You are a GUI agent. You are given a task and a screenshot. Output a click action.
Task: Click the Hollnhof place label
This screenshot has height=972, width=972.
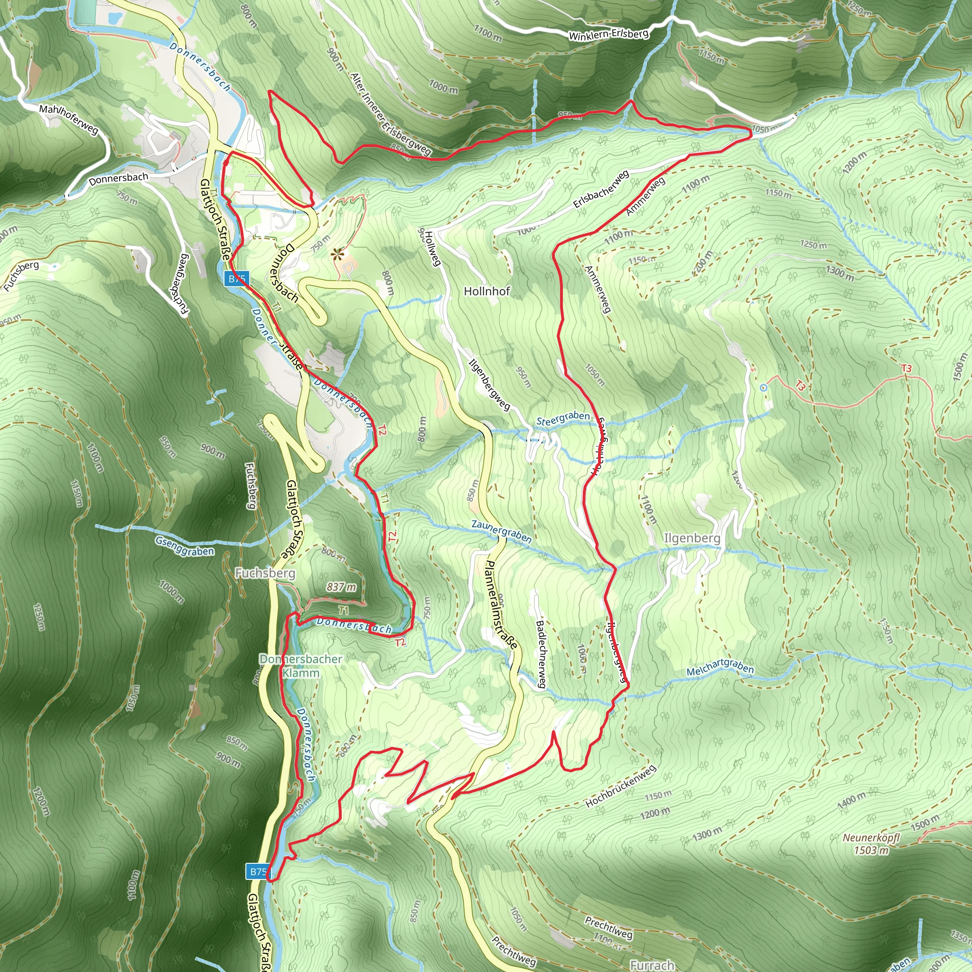click(486, 291)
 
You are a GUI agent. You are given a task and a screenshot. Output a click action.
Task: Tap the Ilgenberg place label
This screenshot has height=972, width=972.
click(692, 538)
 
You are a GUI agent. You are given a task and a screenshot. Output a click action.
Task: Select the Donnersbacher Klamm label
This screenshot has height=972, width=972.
click(301, 665)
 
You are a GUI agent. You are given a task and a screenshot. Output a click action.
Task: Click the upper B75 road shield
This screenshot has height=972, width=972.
click(237, 279)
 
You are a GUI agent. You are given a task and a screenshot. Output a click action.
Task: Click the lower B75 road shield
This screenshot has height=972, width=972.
click(258, 871)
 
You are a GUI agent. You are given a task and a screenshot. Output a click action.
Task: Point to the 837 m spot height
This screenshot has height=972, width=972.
click(341, 587)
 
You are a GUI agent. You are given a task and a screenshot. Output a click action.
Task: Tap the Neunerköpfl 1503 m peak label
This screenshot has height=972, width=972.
click(871, 844)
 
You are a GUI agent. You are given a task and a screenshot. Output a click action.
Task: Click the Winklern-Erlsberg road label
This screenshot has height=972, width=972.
click(608, 34)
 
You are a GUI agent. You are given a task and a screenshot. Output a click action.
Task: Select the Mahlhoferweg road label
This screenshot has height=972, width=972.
click(69, 119)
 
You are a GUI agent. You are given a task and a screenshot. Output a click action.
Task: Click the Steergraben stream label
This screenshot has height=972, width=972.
click(562, 418)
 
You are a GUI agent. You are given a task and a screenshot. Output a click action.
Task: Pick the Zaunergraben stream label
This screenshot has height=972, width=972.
click(501, 531)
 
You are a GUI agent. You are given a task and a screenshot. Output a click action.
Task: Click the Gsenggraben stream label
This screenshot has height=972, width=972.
click(184, 546)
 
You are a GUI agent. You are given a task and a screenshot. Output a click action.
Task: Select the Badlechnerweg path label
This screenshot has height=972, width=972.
click(541, 654)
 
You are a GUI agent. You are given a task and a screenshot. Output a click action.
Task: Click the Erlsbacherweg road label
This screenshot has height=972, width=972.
click(601, 190)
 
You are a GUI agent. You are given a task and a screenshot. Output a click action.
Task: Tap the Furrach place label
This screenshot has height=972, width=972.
click(652, 965)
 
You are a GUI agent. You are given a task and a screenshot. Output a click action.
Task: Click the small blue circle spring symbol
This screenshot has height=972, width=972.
click(763, 387)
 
